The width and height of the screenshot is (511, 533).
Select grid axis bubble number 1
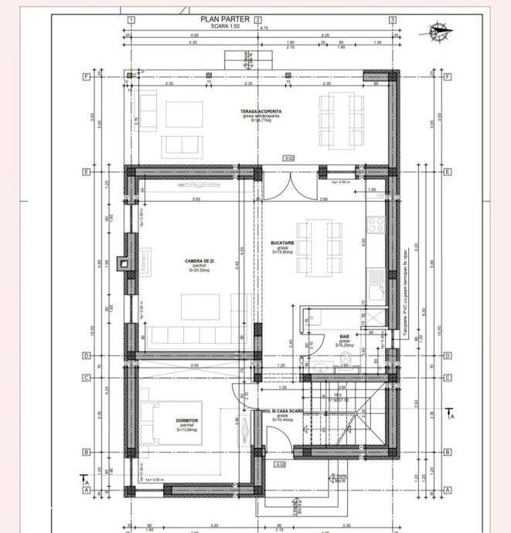pos(133,20)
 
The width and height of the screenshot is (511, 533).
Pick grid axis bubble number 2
pos(257,20)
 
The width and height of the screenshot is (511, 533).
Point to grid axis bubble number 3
pos(393,20)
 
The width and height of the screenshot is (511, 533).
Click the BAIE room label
pos(343,338)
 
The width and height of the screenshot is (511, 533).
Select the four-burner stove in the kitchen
pos(376,225)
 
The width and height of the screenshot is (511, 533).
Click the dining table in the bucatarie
pos(318,246)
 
